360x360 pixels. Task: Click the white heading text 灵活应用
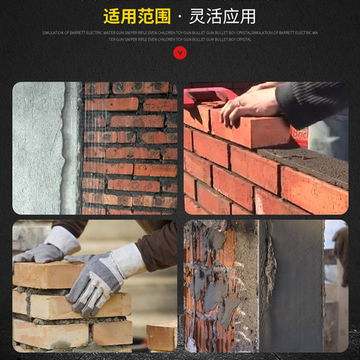[223, 15]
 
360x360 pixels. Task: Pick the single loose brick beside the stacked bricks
[161, 336]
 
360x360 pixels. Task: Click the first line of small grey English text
[179, 32]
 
